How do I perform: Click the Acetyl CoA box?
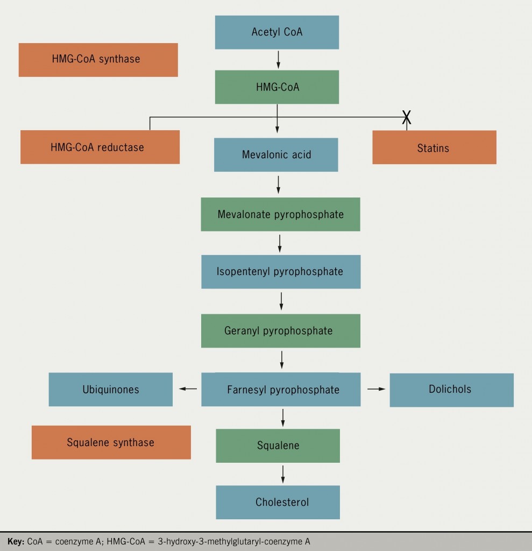click(x=277, y=32)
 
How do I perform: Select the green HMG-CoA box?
click(x=277, y=87)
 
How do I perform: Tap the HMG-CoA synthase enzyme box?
click(x=98, y=60)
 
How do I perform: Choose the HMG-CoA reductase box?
click(x=100, y=147)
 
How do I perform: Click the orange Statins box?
click(x=434, y=147)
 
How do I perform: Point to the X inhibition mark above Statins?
click(x=407, y=117)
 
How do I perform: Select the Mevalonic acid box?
click(x=276, y=155)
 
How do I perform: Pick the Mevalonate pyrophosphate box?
click(x=280, y=215)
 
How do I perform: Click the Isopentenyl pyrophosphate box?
click(x=280, y=272)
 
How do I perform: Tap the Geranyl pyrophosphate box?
click(x=280, y=330)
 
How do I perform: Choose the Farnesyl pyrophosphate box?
click(x=281, y=390)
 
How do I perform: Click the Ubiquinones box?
click(x=111, y=390)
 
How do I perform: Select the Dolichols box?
click(x=451, y=390)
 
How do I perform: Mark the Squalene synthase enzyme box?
click(x=111, y=442)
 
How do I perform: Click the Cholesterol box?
click(x=278, y=503)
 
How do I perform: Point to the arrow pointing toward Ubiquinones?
click(x=187, y=389)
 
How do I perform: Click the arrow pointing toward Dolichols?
click(x=377, y=388)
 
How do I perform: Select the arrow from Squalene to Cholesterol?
click(x=283, y=474)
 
